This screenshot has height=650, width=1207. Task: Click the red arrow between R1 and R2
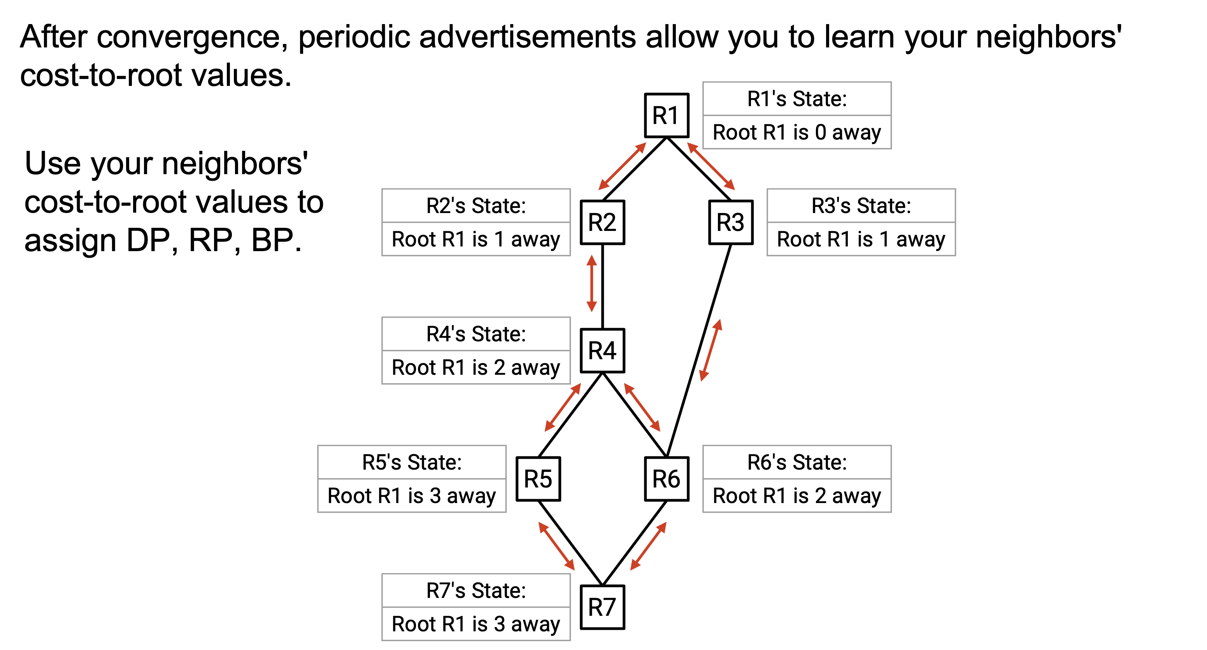pos(622,166)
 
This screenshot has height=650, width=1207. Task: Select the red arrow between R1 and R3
pos(711,166)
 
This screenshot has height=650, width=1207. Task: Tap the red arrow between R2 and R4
pos(592,283)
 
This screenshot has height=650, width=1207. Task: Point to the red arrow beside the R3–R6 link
pos(711,350)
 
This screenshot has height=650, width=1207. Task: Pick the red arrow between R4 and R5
pos(563,407)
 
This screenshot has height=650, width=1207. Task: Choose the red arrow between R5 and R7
pos(557,546)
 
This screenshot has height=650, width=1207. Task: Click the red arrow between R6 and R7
pos(648,546)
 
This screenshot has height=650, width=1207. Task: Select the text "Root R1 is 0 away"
pos(796,133)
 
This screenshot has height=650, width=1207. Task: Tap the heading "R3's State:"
pos(861,206)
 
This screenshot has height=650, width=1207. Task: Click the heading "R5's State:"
pos(412,462)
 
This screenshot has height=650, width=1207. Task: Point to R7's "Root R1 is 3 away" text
pos(475,624)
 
